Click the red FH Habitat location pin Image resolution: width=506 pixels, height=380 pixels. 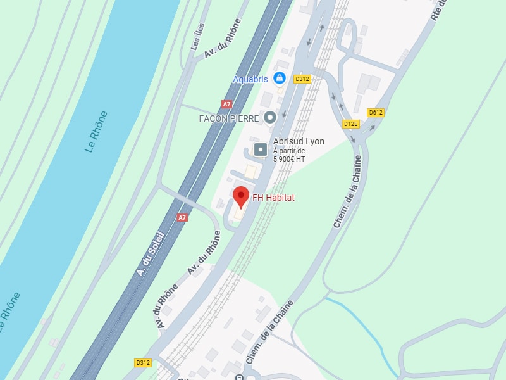(x=240, y=196)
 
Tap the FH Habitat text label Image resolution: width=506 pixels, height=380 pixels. (x=273, y=198)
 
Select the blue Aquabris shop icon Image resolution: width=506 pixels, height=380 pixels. (x=280, y=79)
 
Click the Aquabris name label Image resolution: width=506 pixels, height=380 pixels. (x=250, y=79)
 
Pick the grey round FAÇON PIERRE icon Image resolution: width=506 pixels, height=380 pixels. (x=270, y=117)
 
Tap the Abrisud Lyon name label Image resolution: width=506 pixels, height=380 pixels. (x=299, y=141)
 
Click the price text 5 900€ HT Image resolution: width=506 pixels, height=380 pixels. (x=289, y=159)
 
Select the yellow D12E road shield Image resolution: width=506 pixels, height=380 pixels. (x=351, y=123)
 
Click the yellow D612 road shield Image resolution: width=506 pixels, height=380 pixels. (x=376, y=113)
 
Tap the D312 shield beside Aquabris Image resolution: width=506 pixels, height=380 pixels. (x=302, y=79)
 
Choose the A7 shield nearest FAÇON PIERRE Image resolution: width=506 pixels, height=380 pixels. (x=226, y=104)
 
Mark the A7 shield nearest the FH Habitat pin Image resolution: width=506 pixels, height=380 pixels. (x=182, y=217)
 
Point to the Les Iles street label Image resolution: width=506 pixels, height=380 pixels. (x=198, y=38)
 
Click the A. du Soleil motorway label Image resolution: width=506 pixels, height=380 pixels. (x=151, y=254)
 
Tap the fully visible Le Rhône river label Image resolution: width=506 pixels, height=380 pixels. (x=96, y=132)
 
